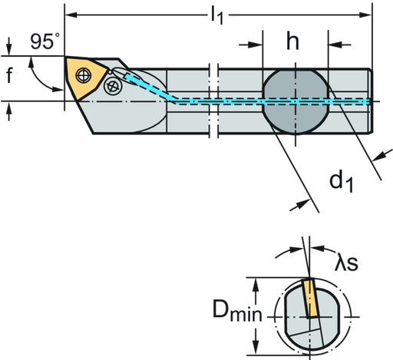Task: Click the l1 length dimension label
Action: (217, 17)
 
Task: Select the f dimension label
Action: (8, 77)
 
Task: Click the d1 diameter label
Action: (341, 182)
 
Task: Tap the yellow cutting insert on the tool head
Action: (81, 74)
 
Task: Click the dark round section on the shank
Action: (294, 101)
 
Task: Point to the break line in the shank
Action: (213, 101)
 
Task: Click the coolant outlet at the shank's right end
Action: (368, 101)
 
